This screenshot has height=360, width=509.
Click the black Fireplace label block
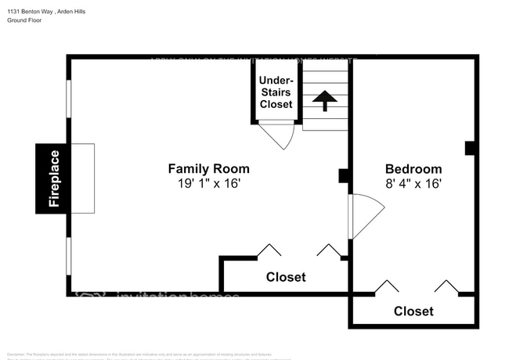click(52, 178)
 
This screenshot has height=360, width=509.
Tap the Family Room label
click(209, 168)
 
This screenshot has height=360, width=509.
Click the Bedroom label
click(413, 169)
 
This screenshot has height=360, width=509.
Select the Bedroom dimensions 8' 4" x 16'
click(413, 184)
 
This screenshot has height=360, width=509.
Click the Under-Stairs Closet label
click(276, 92)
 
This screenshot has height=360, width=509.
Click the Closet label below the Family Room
click(286, 277)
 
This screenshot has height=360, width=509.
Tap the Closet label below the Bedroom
click(413, 311)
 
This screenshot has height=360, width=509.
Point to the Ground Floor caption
click(24, 20)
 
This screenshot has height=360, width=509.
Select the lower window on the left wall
click(69, 256)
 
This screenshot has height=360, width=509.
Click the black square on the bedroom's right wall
click(470, 147)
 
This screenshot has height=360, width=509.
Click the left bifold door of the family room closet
click(269, 250)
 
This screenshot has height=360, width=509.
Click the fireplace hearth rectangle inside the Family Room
click(83, 178)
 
